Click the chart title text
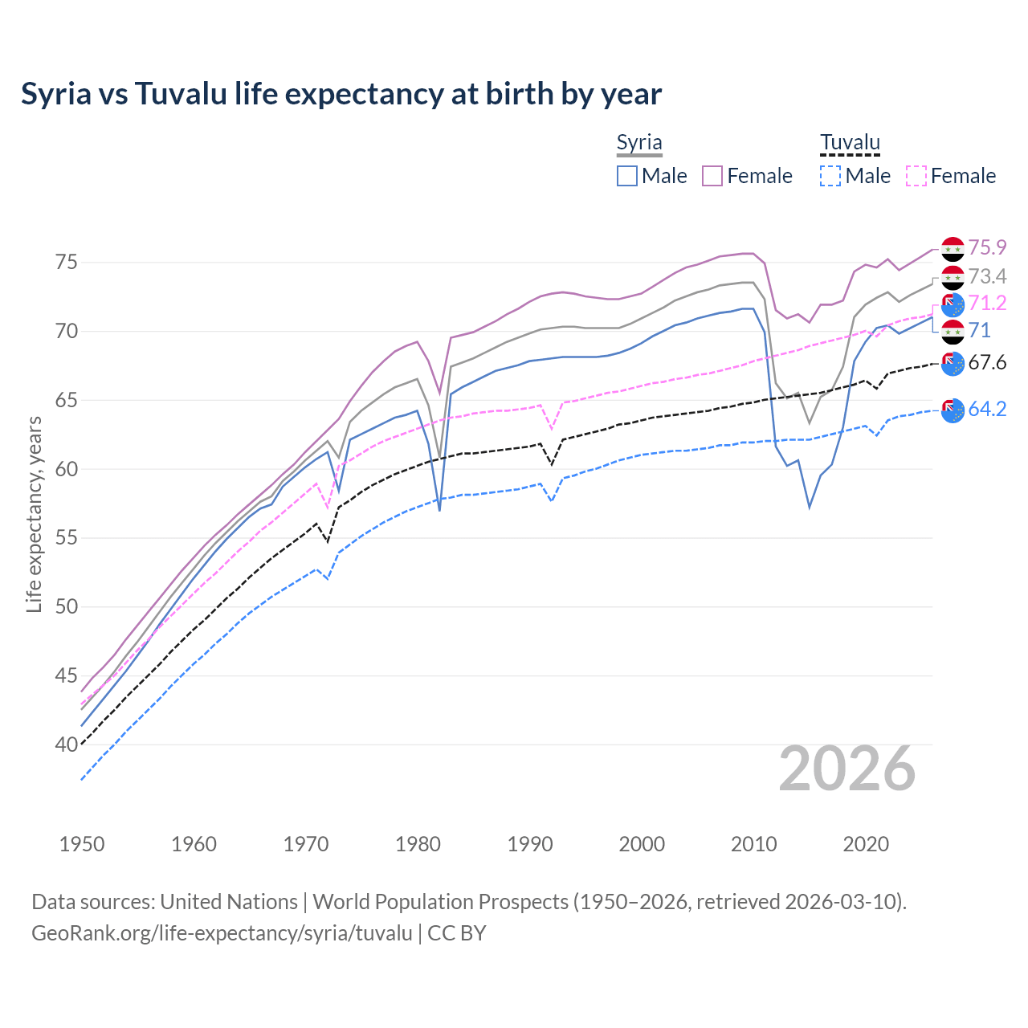(341, 94)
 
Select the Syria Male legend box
(627, 176)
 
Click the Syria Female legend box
(712, 176)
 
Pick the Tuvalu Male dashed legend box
(830, 176)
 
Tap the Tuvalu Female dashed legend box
(916, 176)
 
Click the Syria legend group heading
(639, 143)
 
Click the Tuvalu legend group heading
(850, 143)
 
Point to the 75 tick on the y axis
(66, 263)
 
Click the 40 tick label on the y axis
(66, 744)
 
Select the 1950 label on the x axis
(82, 844)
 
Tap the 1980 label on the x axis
(418, 844)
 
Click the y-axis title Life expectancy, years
(34, 514)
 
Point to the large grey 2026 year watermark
(847, 769)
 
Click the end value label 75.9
(987, 247)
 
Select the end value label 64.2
(987, 409)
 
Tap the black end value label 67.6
(987, 362)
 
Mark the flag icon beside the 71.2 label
(953, 304)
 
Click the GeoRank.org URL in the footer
(222, 933)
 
